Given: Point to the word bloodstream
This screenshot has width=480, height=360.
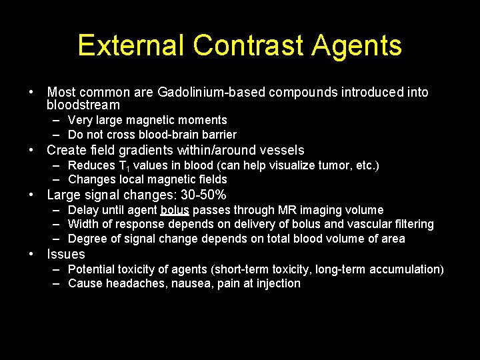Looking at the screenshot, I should click(83, 105).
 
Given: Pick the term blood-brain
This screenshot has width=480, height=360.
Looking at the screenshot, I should click(175, 135).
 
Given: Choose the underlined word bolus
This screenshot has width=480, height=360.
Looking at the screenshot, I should click(175, 211).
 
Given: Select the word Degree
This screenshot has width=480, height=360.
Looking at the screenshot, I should click(87, 239).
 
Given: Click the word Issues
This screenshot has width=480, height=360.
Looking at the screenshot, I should click(66, 254).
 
